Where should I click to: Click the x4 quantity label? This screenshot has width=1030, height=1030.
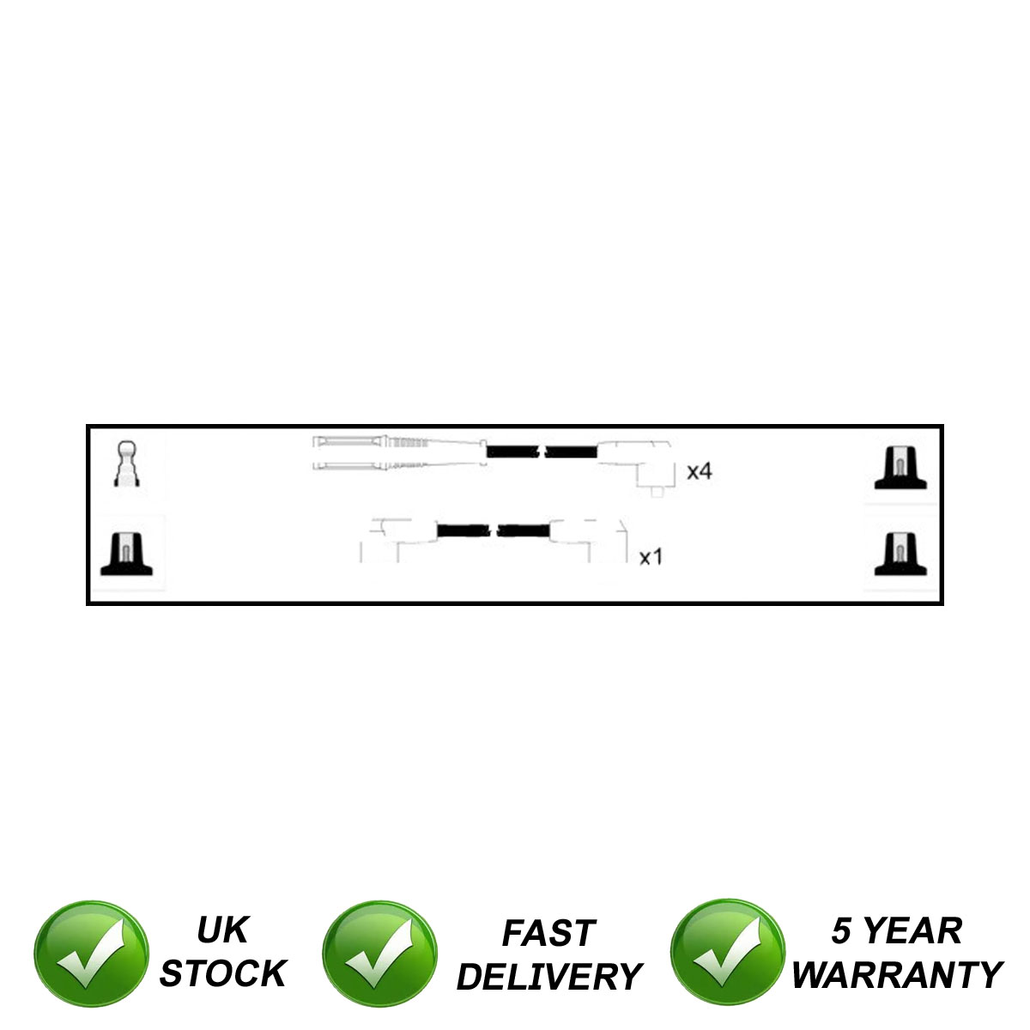(x=700, y=471)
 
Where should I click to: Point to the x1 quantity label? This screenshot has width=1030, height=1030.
(x=651, y=558)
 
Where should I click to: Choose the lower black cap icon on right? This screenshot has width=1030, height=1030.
(x=900, y=554)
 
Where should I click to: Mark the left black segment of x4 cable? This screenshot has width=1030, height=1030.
(x=512, y=451)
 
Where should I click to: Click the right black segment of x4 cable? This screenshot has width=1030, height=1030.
(x=571, y=451)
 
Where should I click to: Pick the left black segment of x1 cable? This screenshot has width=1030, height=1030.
(x=463, y=530)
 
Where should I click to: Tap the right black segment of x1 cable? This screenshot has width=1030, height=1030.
(x=523, y=530)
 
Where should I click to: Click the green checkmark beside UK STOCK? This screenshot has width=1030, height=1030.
(x=91, y=955)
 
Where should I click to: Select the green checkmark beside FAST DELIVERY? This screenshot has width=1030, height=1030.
(x=379, y=955)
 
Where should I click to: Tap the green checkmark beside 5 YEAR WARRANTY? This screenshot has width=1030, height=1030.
(x=727, y=955)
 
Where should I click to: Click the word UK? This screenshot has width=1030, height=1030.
(x=222, y=930)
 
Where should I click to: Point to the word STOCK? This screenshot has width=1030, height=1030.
(x=222, y=974)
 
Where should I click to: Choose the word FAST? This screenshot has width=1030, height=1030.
(x=548, y=934)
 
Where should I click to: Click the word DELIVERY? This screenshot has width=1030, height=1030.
(x=548, y=977)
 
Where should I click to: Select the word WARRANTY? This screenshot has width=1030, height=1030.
(x=897, y=975)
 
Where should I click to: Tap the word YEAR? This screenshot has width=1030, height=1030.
(x=912, y=931)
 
